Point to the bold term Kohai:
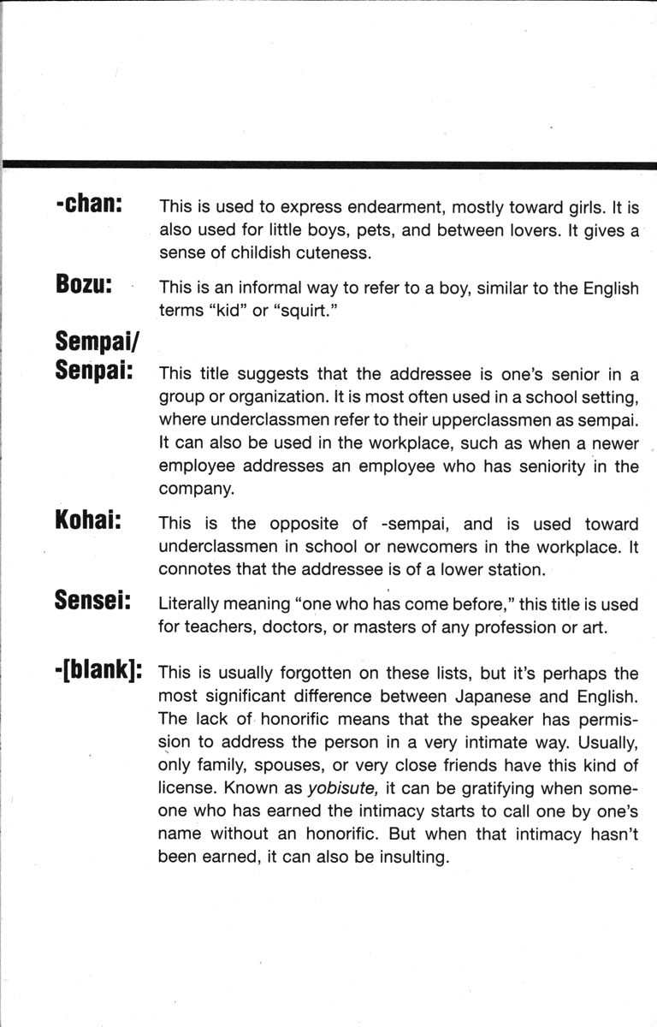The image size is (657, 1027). point(86,522)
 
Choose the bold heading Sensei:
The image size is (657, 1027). point(92,601)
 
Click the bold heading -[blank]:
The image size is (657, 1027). point(98,669)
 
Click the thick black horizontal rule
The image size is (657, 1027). point(328,164)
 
